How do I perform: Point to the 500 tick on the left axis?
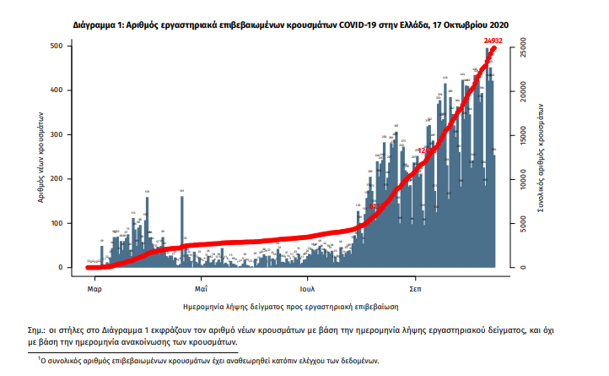62,46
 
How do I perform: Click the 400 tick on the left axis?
62,90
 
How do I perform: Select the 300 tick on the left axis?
62,135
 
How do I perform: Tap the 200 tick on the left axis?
62,179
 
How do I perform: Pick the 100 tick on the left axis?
62,224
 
